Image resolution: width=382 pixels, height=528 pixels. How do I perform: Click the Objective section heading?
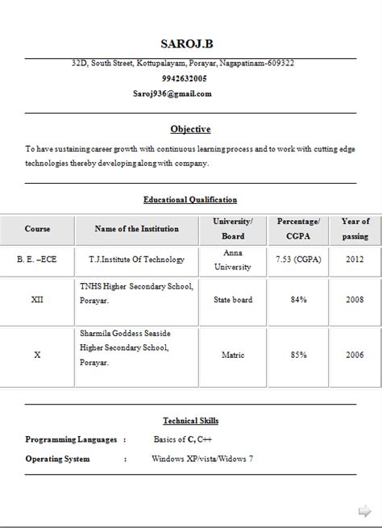pyautogui.click(x=190, y=129)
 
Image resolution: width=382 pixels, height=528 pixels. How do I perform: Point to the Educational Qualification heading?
pyautogui.click(x=190, y=199)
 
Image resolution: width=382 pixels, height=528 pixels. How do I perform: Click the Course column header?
pyautogui.click(x=37, y=229)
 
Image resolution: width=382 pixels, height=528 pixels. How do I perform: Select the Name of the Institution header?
pyautogui.click(x=136, y=229)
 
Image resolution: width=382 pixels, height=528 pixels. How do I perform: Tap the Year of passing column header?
pyautogui.click(x=355, y=229)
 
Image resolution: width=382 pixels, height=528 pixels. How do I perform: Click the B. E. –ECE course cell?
pyautogui.click(x=37, y=260)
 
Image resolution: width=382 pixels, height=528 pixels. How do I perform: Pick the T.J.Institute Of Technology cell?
pyautogui.click(x=136, y=260)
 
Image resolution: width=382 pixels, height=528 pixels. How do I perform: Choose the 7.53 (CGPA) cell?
pyautogui.click(x=298, y=260)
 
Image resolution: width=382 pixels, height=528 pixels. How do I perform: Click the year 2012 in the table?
pyautogui.click(x=355, y=260)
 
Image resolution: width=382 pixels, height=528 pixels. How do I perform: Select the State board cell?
pyautogui.click(x=233, y=300)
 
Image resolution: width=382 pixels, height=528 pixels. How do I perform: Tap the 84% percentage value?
pyautogui.click(x=298, y=300)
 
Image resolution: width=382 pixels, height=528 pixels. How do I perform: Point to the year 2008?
pyautogui.click(x=355, y=300)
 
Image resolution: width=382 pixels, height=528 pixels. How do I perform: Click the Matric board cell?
pyautogui.click(x=233, y=354)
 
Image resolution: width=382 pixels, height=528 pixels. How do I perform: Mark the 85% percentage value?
pyautogui.click(x=298, y=354)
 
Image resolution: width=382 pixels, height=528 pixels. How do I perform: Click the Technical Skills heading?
pyautogui.click(x=190, y=421)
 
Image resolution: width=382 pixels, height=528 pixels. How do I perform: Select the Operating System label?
pyautogui.click(x=57, y=459)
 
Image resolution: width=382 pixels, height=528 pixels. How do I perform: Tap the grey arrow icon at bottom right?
pyautogui.click(x=363, y=511)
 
